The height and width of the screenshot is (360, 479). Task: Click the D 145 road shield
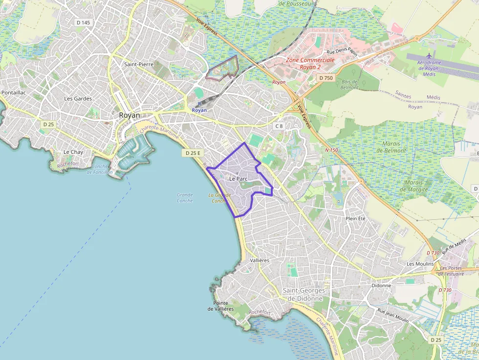pos(84,22)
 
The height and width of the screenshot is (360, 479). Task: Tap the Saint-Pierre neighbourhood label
pos(139,64)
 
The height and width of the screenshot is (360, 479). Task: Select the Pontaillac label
pos(14,92)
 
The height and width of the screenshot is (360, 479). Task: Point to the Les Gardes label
pos(78,98)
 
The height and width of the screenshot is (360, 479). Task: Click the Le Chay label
pos(73,152)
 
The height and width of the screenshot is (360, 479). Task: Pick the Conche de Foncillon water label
pos(103,169)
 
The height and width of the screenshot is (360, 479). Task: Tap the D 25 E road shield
pos(192,153)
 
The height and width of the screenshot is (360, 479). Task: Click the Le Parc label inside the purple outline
pos(238,179)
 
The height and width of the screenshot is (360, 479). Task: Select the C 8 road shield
pos(279,126)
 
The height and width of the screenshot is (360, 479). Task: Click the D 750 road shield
pos(325,78)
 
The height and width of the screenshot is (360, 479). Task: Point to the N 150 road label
pos(332,150)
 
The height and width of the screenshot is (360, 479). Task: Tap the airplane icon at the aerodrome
pos(430,55)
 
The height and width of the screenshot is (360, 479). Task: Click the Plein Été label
pos(355,218)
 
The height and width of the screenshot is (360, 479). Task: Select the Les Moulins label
pos(420,264)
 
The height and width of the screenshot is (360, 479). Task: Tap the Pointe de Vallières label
pos(220,306)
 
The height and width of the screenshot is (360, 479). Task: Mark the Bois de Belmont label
pos(350,85)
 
